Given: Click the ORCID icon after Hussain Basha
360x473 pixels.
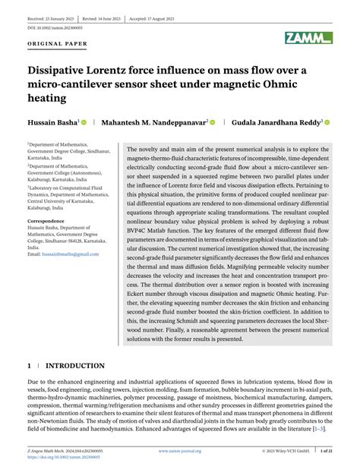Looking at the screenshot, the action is click(84, 121).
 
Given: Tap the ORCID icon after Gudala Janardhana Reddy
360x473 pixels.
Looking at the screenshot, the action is click(327, 121).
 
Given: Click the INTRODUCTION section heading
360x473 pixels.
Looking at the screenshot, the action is click(75, 366).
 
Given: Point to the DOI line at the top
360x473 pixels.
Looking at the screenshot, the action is click(55, 27).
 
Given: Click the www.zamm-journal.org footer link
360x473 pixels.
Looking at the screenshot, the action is click(179, 451).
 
